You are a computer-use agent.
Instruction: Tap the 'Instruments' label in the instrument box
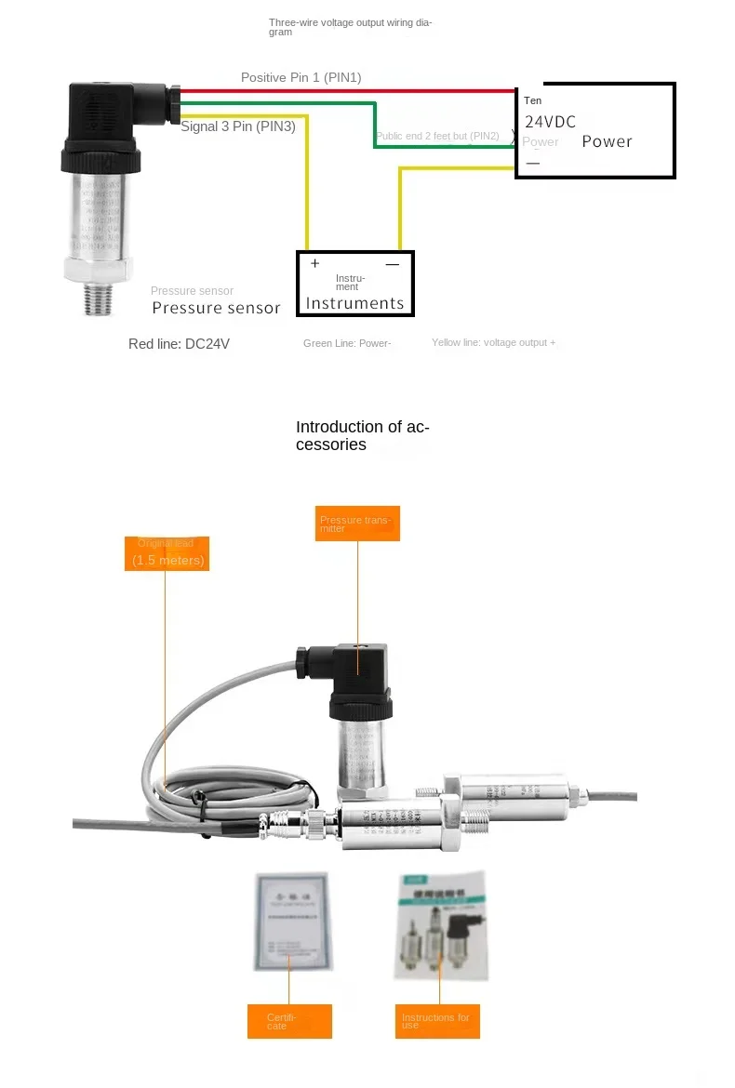click(354, 303)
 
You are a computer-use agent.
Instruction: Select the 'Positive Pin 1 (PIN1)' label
click(301, 77)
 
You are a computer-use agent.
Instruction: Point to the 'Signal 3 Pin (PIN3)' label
click(238, 126)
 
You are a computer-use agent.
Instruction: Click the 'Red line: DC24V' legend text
click(179, 344)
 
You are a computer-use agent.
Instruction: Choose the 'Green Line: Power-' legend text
click(347, 344)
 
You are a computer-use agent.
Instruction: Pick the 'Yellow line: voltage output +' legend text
click(493, 343)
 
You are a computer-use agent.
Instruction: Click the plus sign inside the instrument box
click(314, 264)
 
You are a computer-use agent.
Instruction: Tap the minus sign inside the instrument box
click(392, 264)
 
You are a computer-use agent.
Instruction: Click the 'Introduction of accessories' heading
click(363, 435)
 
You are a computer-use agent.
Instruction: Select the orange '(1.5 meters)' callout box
click(167, 554)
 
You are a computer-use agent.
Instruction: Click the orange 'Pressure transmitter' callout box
click(357, 524)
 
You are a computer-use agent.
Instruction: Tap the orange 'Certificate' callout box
click(289, 1021)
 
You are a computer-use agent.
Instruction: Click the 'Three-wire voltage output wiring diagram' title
click(350, 27)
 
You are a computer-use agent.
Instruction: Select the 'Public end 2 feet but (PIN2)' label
click(437, 137)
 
